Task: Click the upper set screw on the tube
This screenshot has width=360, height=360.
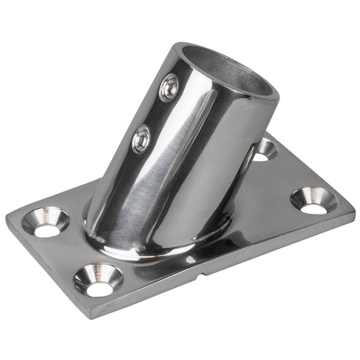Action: (169, 88)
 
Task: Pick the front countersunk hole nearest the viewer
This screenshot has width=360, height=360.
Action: (99, 279)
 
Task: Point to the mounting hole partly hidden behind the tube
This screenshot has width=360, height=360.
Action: (265, 149)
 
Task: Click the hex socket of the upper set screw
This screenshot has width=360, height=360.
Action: (169, 88)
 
